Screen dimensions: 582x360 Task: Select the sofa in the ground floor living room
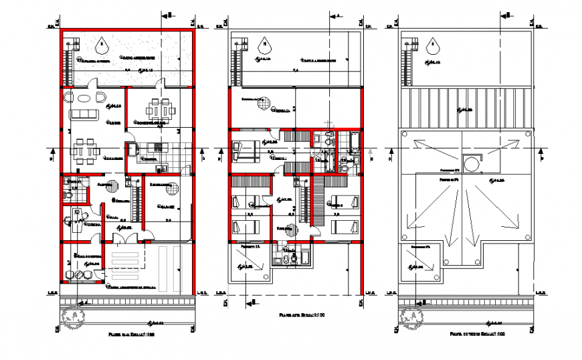84,112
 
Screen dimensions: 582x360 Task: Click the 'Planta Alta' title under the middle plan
293,313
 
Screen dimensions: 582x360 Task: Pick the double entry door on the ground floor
122,237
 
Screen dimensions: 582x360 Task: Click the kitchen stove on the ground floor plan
158,147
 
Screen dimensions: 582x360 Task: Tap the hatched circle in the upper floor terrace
266,104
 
